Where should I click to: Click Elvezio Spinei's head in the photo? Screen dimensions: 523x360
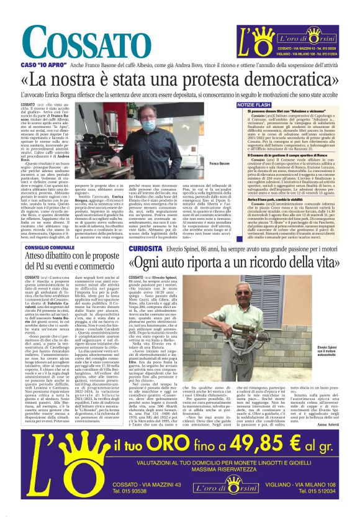coord(250,292)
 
